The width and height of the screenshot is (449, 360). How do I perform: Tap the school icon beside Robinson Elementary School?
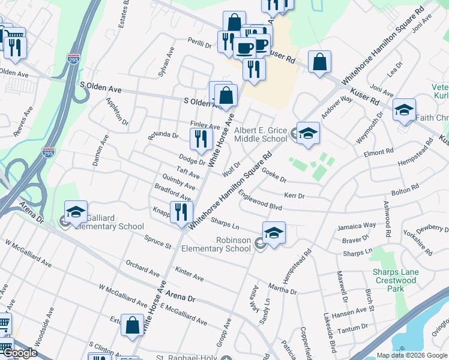pyautogui.click(x=273, y=233)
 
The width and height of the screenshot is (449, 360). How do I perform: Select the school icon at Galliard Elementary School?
pyautogui.click(x=76, y=212)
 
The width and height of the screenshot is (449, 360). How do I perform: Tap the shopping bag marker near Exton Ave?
pyautogui.click(x=132, y=326)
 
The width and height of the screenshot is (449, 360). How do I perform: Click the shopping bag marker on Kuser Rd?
pyautogui.click(x=320, y=62)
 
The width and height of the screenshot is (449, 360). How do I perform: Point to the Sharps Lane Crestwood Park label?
pyautogui.click(x=394, y=276)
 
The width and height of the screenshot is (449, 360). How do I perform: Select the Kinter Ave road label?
pyautogui.click(x=190, y=274)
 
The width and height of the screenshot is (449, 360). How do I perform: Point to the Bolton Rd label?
pyautogui.click(x=404, y=191)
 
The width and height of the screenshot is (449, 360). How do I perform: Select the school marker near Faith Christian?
pyautogui.click(x=405, y=110)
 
